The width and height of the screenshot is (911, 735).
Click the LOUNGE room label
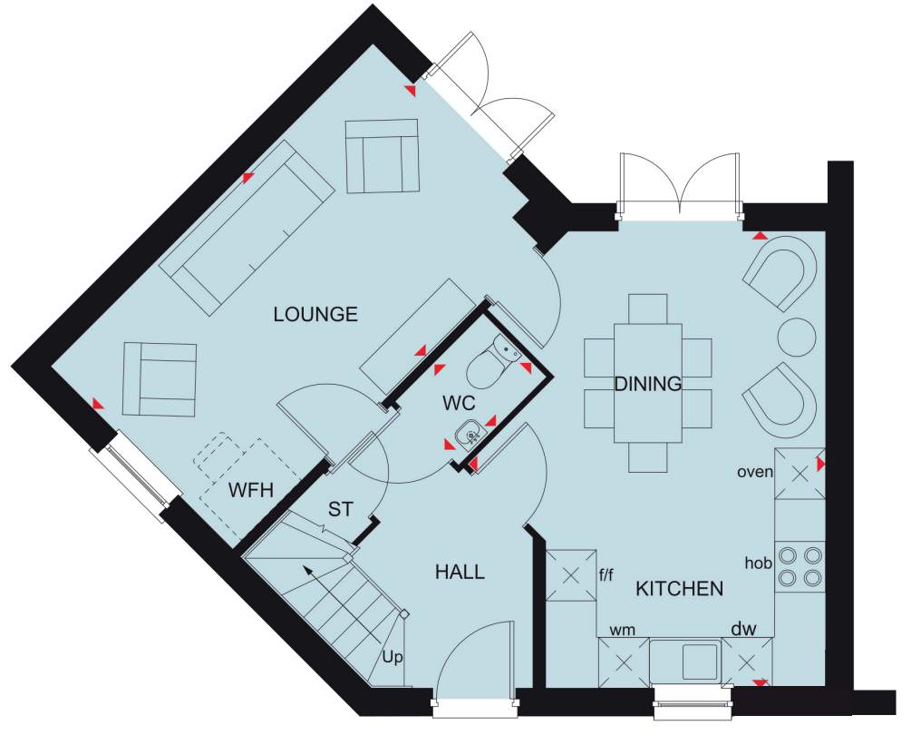(x=315, y=314)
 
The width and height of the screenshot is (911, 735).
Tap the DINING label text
(x=648, y=384)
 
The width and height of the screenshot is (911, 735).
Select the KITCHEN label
(x=680, y=589)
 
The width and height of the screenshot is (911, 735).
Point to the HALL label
(x=460, y=573)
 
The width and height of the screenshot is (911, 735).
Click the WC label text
(x=459, y=402)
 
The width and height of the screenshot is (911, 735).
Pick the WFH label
(x=251, y=490)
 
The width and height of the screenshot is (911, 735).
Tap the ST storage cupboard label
(x=341, y=509)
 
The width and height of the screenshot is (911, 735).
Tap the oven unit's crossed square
(x=800, y=474)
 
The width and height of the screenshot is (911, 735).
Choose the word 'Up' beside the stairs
(x=393, y=658)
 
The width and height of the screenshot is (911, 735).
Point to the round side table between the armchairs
(x=797, y=337)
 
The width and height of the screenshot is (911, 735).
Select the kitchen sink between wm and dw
(x=686, y=661)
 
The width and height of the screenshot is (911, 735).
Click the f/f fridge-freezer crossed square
(x=570, y=575)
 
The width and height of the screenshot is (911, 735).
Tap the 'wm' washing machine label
(x=622, y=630)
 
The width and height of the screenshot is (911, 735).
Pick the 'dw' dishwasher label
(x=743, y=629)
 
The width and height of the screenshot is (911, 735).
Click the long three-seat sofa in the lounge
(x=247, y=228)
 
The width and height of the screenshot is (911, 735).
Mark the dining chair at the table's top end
(x=648, y=309)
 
